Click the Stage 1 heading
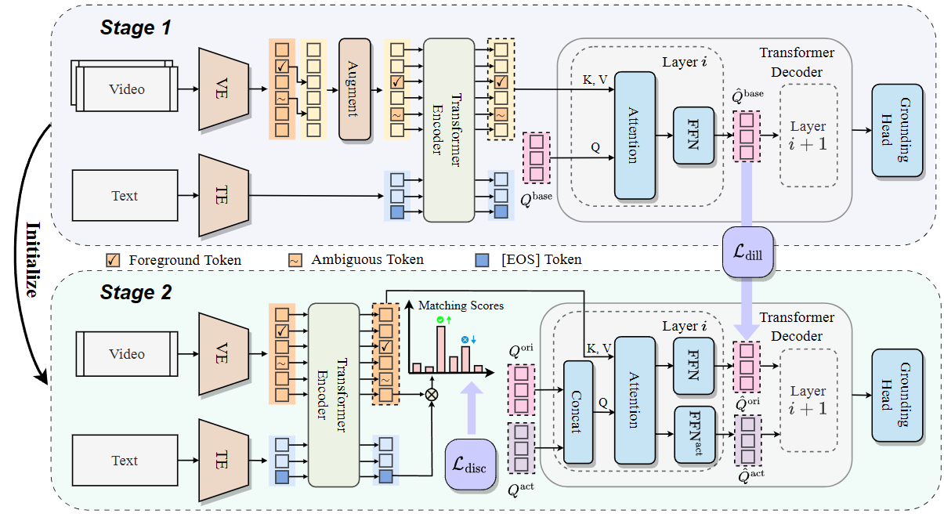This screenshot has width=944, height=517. pos(135,29)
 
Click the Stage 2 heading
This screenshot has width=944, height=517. pos(135,293)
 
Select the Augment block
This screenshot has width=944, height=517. pos(354,89)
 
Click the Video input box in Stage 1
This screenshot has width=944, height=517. pos(127,89)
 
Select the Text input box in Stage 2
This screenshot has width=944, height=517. pos(125,461)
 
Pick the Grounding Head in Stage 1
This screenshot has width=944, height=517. pos(897,129)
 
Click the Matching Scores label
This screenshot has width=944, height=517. pos(461,305)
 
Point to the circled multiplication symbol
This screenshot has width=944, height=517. pos(430,394)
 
